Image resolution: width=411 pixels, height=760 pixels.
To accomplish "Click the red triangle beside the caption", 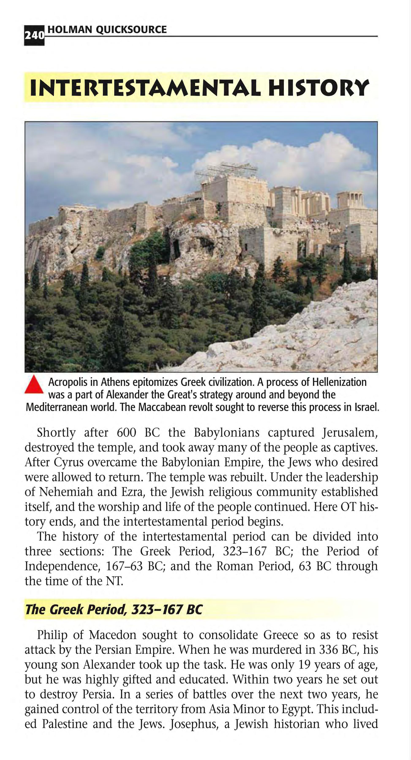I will [34, 384].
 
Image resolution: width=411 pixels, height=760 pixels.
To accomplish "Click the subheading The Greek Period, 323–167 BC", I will [114, 609].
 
